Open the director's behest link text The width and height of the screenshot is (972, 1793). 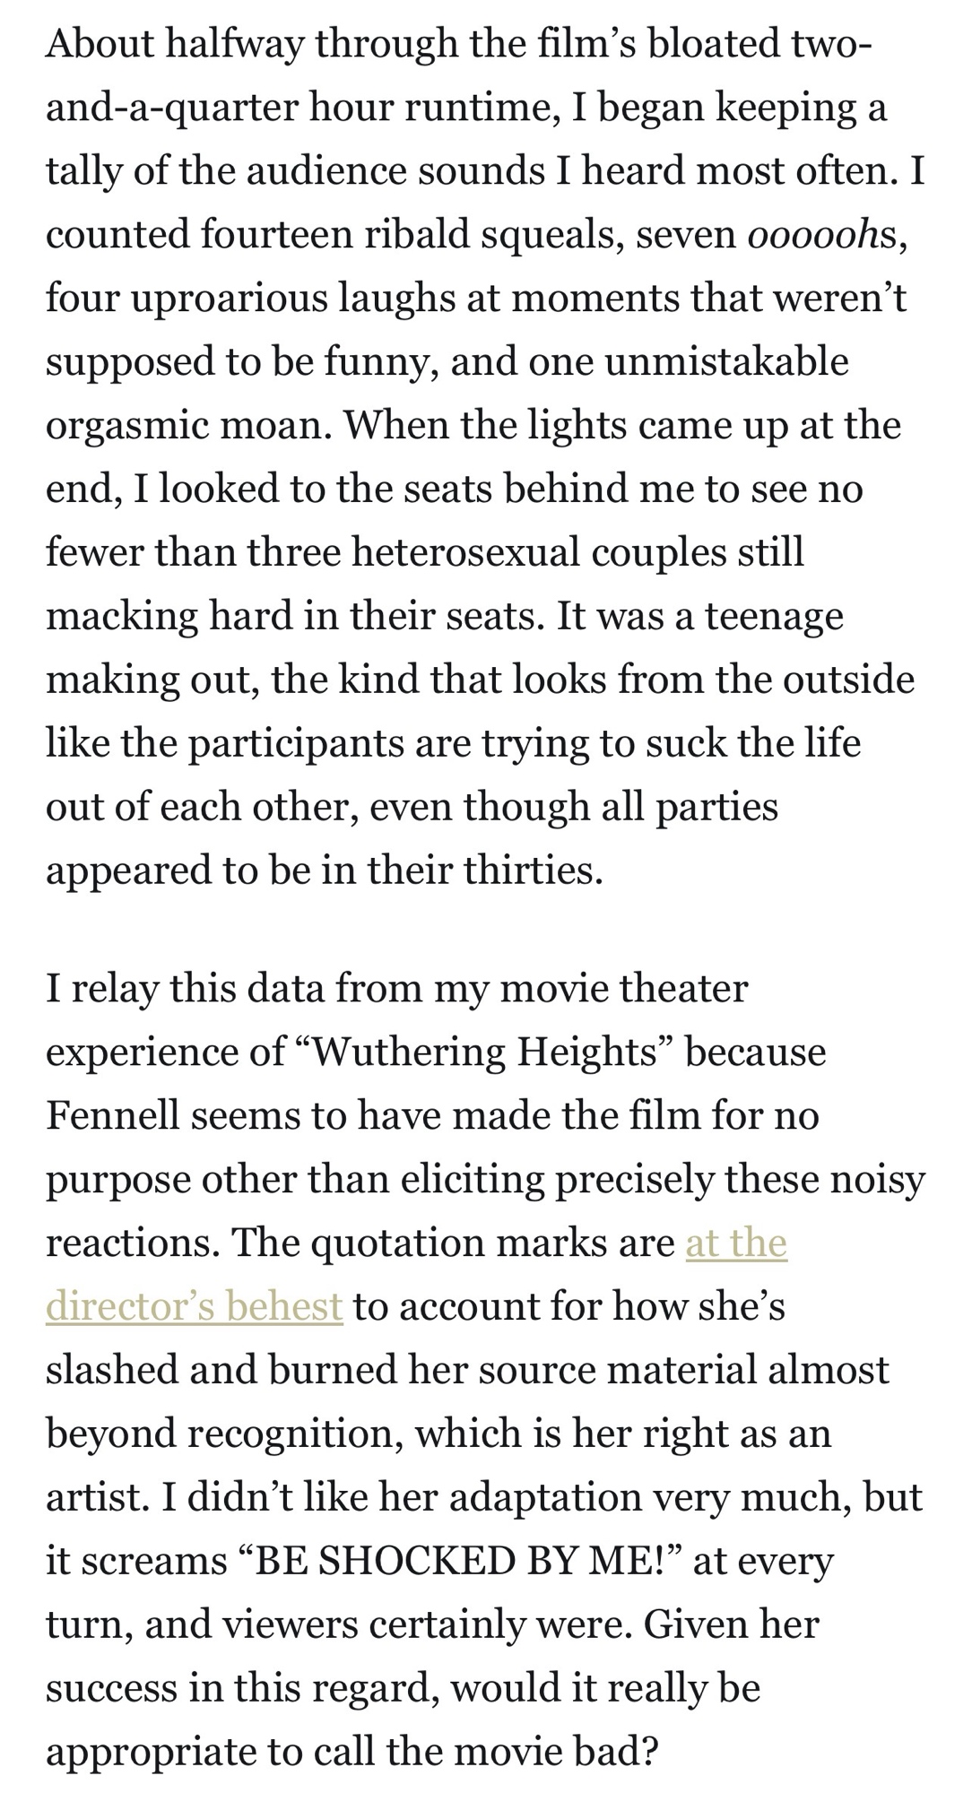pyautogui.click(x=194, y=1307)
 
